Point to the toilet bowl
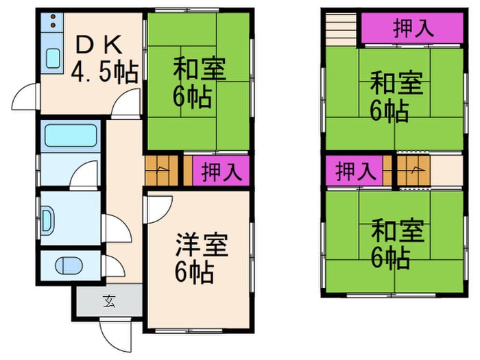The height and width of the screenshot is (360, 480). click(x=69, y=265)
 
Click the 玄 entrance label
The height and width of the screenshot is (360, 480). click(x=108, y=300)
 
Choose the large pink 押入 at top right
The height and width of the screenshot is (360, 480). click(x=413, y=28)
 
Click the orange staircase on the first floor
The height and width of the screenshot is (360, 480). click(x=160, y=171)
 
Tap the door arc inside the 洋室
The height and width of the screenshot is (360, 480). click(x=155, y=210)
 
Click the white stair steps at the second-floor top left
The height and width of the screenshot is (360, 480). click(x=341, y=29)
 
